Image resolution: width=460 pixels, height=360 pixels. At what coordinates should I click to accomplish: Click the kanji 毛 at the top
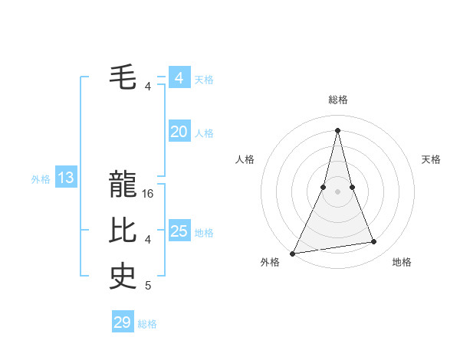coord(123,77)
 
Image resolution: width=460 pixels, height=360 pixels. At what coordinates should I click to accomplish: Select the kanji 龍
coord(123,184)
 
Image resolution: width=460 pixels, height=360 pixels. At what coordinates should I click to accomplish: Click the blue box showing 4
coord(179,78)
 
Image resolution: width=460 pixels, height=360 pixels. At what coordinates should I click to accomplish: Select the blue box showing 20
coord(179,132)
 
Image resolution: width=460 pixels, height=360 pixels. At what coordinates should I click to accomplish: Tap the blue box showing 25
coord(179,231)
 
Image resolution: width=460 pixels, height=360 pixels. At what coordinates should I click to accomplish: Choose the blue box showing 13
coord(66,178)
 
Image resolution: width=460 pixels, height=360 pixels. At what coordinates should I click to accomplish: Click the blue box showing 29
coord(123,322)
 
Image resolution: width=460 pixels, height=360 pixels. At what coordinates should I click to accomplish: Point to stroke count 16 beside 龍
coord(149,194)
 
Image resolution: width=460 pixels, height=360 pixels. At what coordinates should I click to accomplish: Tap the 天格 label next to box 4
coord(204,79)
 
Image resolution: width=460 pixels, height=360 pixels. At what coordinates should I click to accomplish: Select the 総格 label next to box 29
coord(147,324)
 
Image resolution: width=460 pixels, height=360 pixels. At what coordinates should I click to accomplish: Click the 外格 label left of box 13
coord(41,179)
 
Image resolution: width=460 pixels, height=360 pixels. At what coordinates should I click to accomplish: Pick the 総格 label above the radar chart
coord(338,100)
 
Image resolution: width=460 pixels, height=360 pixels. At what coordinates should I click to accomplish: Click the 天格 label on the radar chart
coord(432,159)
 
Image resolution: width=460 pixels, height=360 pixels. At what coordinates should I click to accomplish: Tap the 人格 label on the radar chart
coord(245,159)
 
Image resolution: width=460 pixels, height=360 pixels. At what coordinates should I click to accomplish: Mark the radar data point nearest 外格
coord(293,253)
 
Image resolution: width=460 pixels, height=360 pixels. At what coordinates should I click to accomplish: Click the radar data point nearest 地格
coord(374,242)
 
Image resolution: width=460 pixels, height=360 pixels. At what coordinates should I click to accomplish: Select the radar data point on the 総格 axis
coord(338,129)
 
